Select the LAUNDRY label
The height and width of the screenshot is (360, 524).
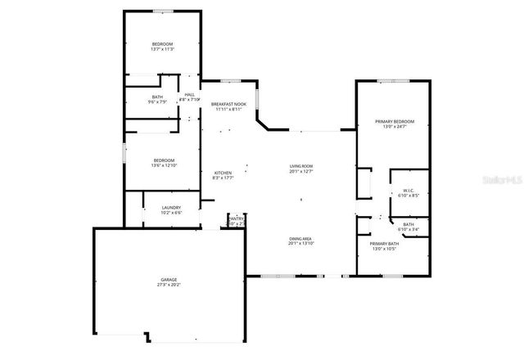coord(171,207)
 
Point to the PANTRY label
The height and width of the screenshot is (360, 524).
coord(236,218)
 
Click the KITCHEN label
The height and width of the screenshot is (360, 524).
coord(223,173)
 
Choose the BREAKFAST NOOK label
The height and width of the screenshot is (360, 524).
coord(228,104)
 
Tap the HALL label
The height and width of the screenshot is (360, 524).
coord(190,95)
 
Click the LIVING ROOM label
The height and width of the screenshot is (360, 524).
coord(301,167)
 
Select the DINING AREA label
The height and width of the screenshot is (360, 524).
coord(301,238)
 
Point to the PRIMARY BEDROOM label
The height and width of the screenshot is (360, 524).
coord(391,121)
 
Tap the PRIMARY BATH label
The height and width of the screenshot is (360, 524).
coord(383,244)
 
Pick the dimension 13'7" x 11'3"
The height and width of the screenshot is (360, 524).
coord(162,50)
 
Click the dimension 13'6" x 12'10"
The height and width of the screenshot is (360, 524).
coord(163,166)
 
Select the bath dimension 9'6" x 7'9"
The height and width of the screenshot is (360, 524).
coord(157,102)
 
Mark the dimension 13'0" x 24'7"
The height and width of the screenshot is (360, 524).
coord(391,127)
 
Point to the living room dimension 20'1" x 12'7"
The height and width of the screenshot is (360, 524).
coord(301,173)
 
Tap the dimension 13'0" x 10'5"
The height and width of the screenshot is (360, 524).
coord(383,250)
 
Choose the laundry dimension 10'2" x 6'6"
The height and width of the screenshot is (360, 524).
coord(171,213)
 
